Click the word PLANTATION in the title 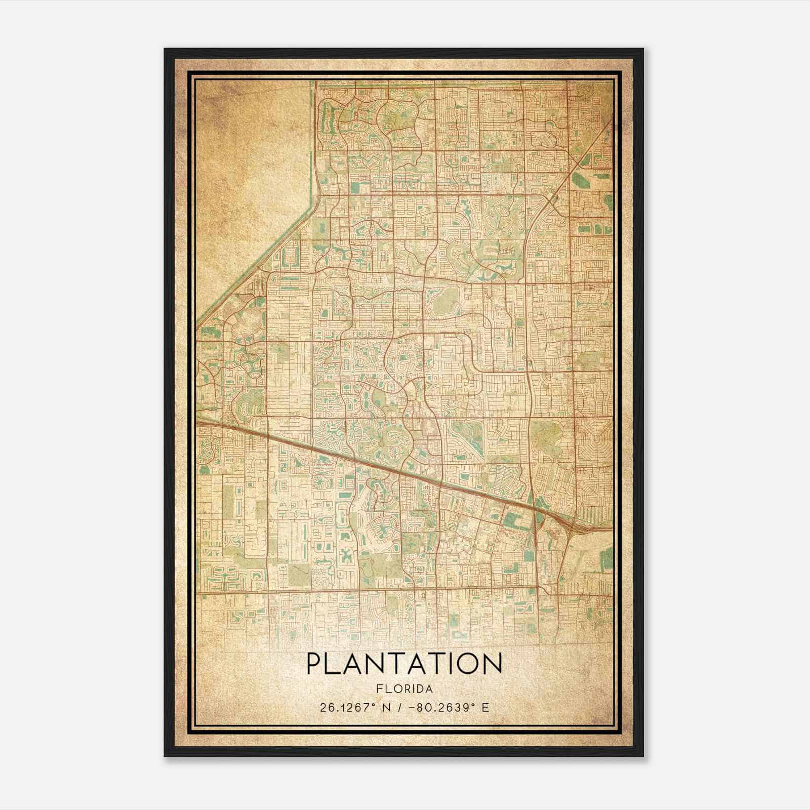[404, 664]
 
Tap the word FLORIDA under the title [404, 689]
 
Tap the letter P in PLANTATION [314, 664]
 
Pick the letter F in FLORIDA [379, 689]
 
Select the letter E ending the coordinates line [485, 707]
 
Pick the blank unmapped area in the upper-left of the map [248, 162]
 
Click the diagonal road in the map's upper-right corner [582, 162]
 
